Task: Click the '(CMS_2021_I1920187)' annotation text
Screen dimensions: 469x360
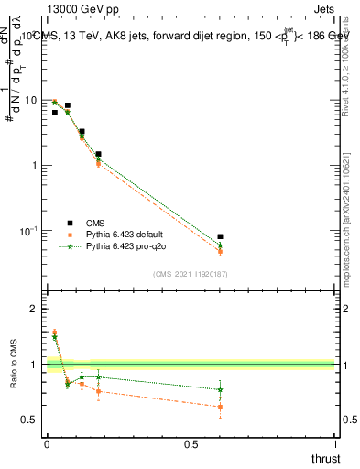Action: (191, 273)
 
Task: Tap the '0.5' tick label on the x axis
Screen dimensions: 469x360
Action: (191, 443)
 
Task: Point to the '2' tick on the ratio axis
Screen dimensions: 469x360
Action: (35, 309)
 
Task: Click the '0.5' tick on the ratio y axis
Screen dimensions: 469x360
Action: (29, 420)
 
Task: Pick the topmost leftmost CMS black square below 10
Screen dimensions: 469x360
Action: (55, 112)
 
